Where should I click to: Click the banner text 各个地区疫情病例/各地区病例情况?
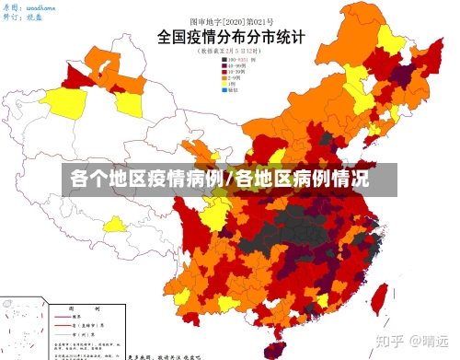tap(219, 178)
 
